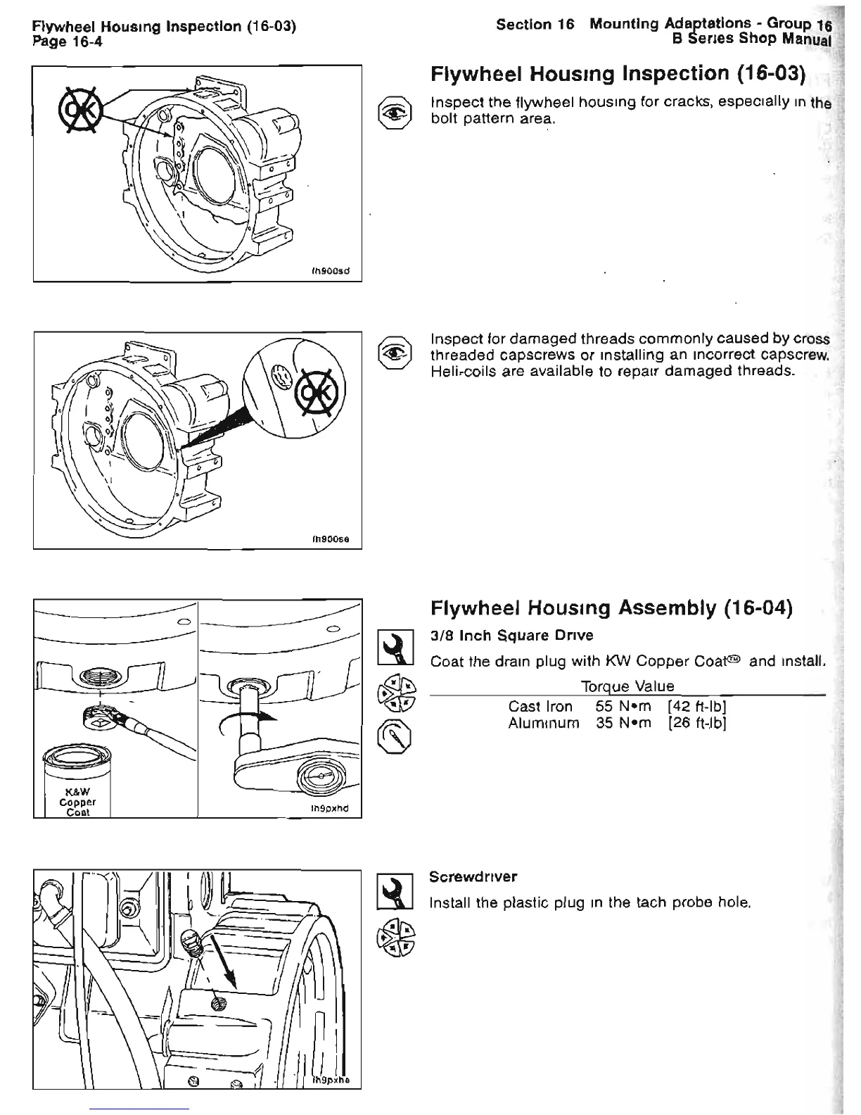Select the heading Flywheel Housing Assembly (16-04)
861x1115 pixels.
click(611, 607)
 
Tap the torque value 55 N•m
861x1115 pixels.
click(623, 706)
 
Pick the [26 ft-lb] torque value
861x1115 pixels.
click(697, 723)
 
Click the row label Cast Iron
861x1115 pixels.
click(540, 706)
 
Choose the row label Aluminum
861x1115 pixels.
click(543, 723)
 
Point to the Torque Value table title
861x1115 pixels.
click(627, 686)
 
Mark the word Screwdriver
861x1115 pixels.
click(473, 877)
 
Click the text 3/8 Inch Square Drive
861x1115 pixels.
click(511, 636)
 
